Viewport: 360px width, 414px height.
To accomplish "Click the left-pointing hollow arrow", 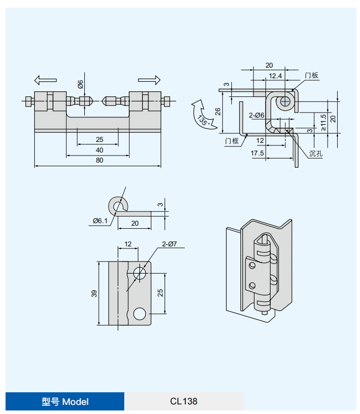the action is [x=45, y=80].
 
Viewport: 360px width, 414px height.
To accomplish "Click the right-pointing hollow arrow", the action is [x=149, y=80].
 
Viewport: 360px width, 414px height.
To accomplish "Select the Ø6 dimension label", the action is [x=80, y=84].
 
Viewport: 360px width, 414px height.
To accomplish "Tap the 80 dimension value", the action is [x=99, y=160].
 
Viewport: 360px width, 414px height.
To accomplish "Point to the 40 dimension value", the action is [x=99, y=150].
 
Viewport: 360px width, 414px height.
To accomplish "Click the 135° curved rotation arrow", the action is [x=202, y=115].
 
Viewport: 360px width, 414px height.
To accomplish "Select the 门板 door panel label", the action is [x=312, y=76].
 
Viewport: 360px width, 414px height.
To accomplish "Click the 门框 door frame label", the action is [x=232, y=141].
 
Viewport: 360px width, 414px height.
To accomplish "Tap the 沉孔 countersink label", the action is [x=316, y=153].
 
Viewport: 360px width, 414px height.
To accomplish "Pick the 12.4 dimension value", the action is [x=276, y=76].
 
